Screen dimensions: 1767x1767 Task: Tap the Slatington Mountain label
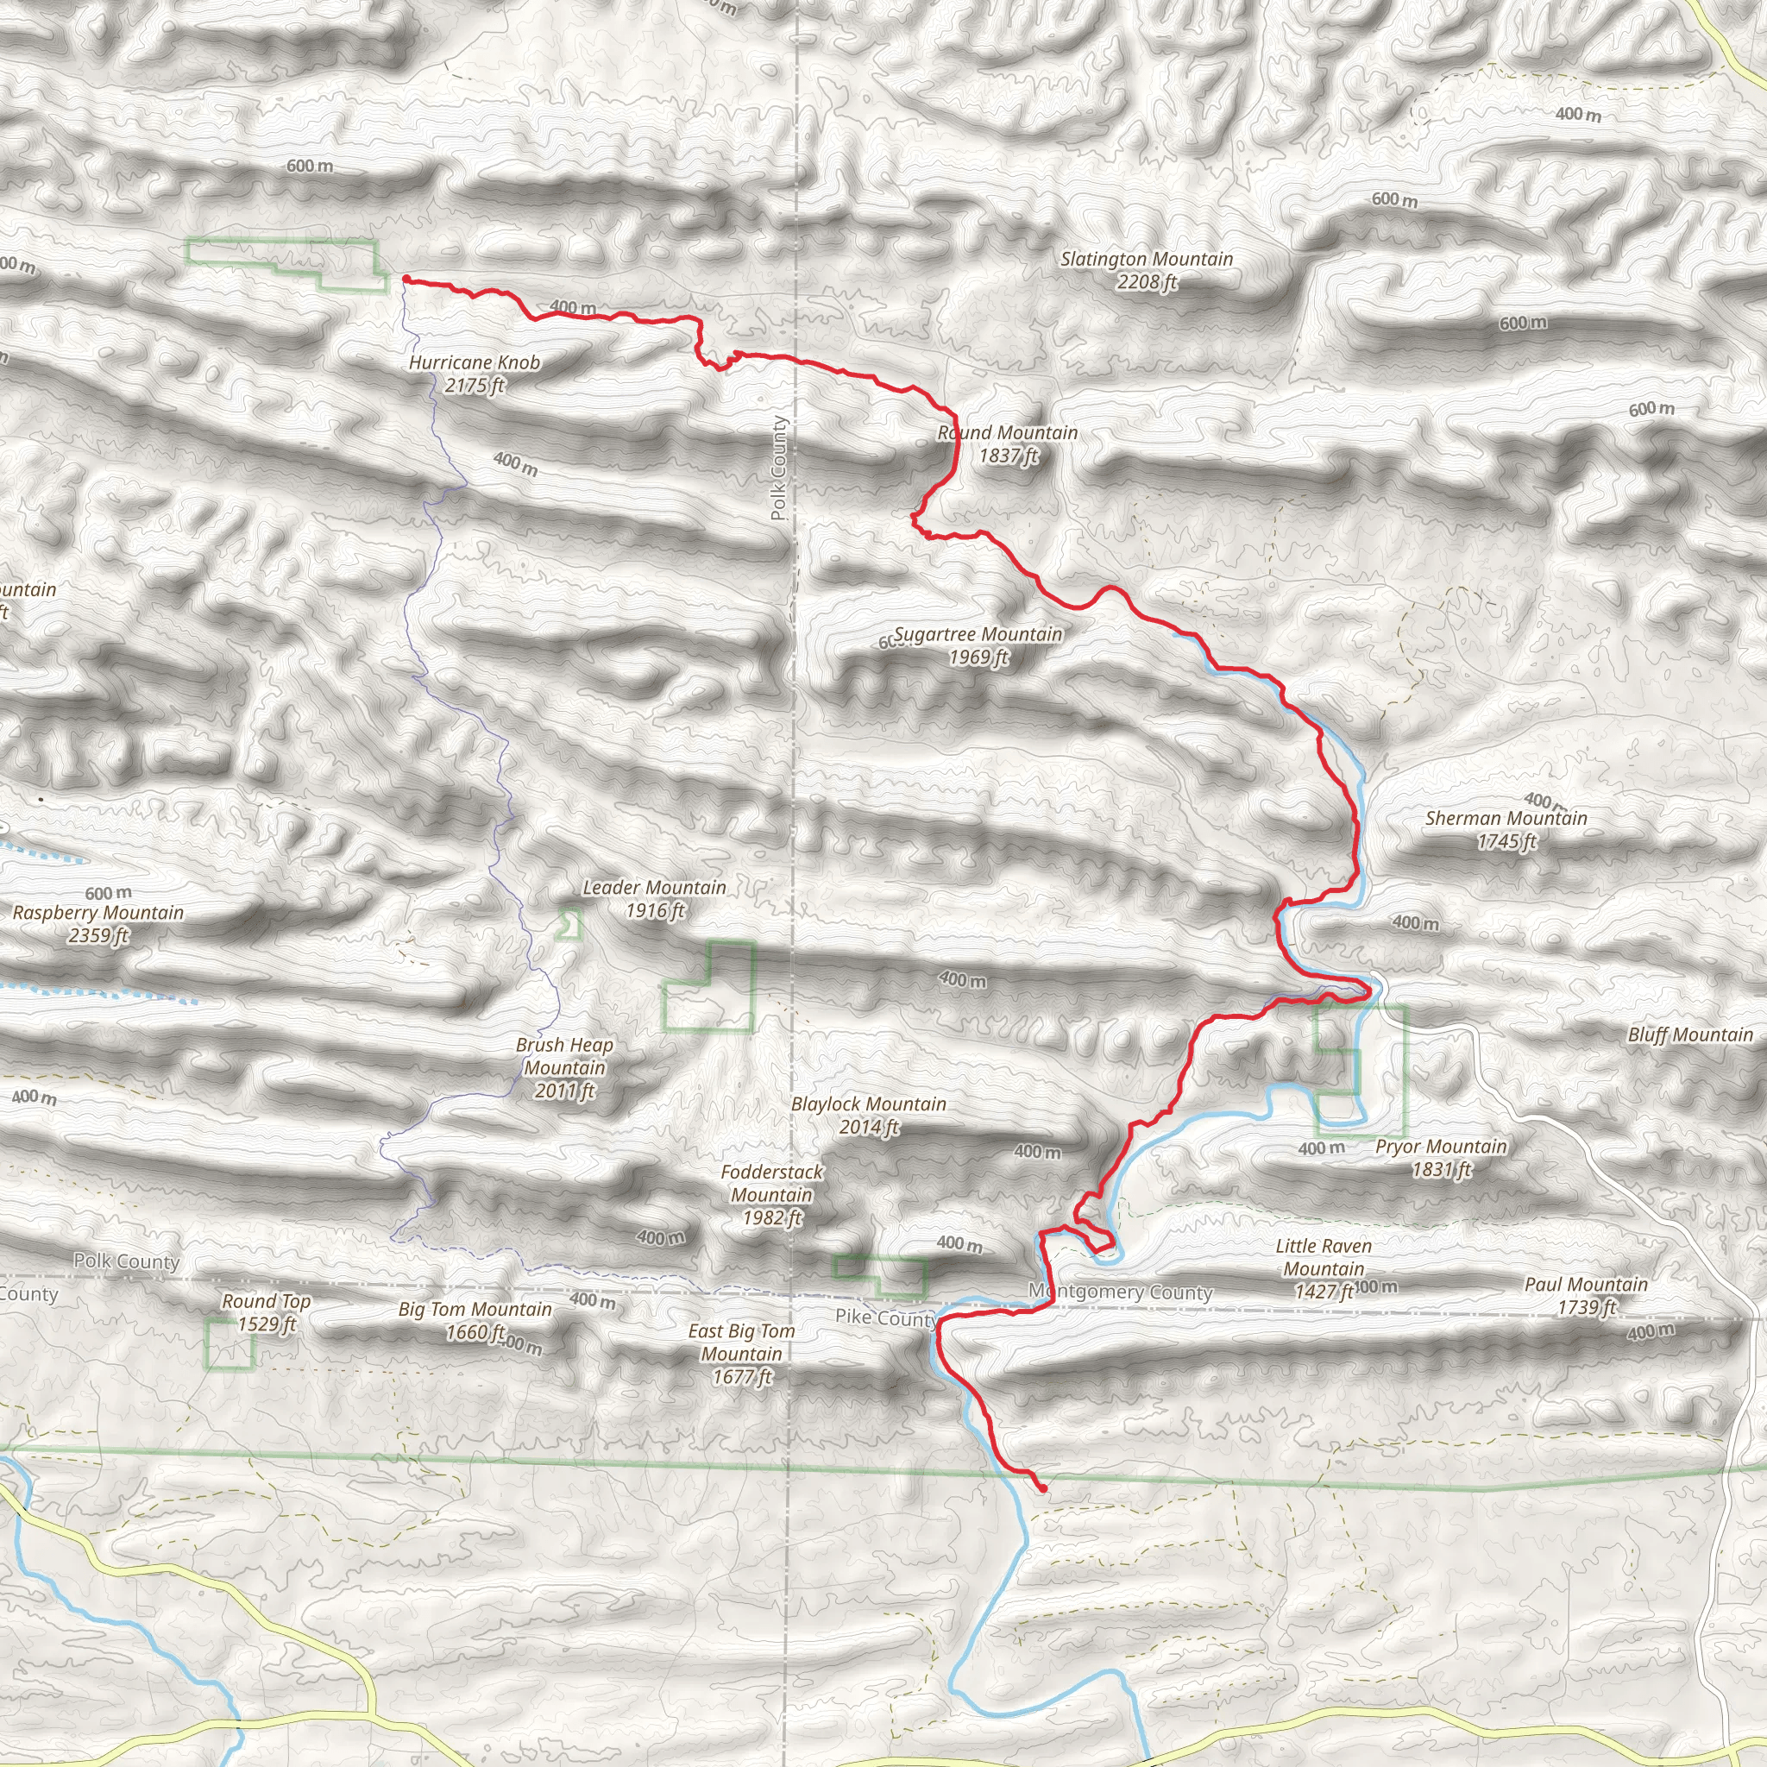click(1146, 271)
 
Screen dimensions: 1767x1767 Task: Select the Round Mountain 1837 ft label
click(1008, 443)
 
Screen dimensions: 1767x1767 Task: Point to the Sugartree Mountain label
click(978, 645)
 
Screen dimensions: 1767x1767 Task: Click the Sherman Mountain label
click(1506, 829)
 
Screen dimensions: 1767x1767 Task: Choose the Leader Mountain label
click(654, 898)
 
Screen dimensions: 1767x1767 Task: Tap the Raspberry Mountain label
click(97, 924)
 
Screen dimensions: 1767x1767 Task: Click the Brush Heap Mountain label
click(564, 1067)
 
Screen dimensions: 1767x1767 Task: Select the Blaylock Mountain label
click(868, 1115)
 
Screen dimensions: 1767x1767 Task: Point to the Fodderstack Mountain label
click(771, 1194)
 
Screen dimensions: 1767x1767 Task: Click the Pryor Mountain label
click(1441, 1157)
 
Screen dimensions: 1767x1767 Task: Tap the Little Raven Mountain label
click(1324, 1268)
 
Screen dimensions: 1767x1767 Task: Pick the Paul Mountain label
click(1585, 1295)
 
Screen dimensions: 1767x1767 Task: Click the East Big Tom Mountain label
click(741, 1354)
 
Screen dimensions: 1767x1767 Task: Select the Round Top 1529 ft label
click(266, 1312)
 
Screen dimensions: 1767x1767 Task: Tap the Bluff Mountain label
click(1690, 1034)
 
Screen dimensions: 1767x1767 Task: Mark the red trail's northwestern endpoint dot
click(406, 280)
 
